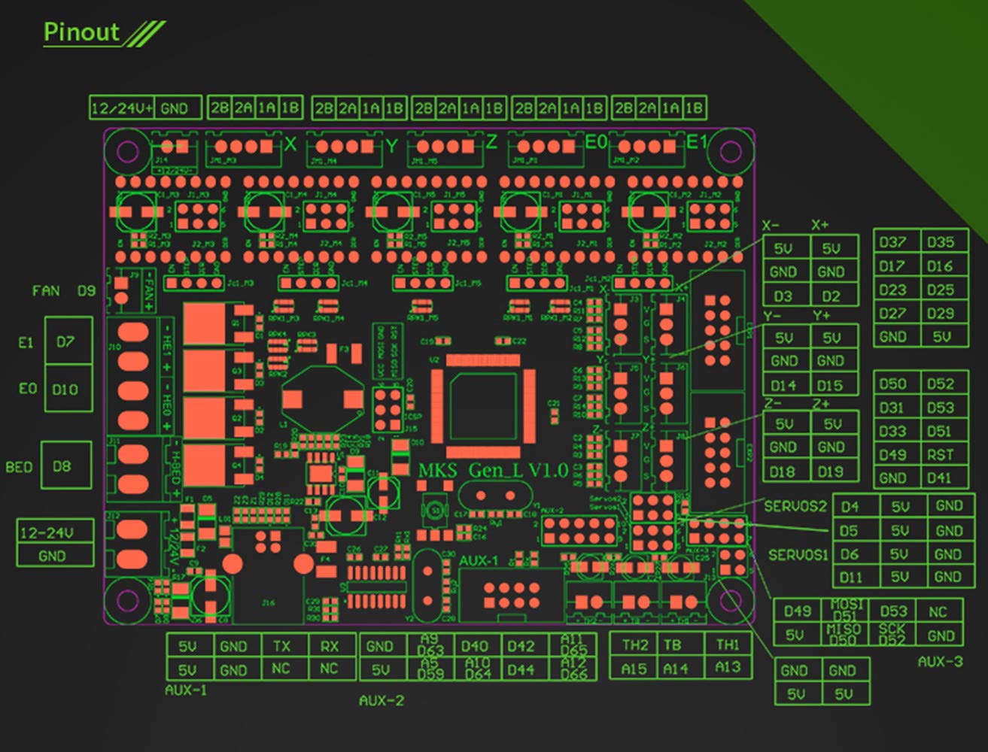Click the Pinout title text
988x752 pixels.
81,32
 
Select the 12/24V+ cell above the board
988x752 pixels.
122,108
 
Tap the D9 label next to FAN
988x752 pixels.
87,290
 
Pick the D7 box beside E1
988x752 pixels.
66,341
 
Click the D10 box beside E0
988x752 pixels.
66,390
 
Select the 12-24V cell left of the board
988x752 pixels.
47,532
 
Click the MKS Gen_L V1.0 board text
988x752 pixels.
493,471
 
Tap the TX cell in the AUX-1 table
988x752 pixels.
281,646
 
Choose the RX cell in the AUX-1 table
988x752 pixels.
329,646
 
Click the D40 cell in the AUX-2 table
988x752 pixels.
474,646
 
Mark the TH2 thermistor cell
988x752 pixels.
635,644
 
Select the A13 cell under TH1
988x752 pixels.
728,667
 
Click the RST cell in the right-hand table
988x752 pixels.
941,454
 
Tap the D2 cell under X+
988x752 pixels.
831,296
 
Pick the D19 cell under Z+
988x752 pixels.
831,472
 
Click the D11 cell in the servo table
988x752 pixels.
850,577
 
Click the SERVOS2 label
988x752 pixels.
795,506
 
